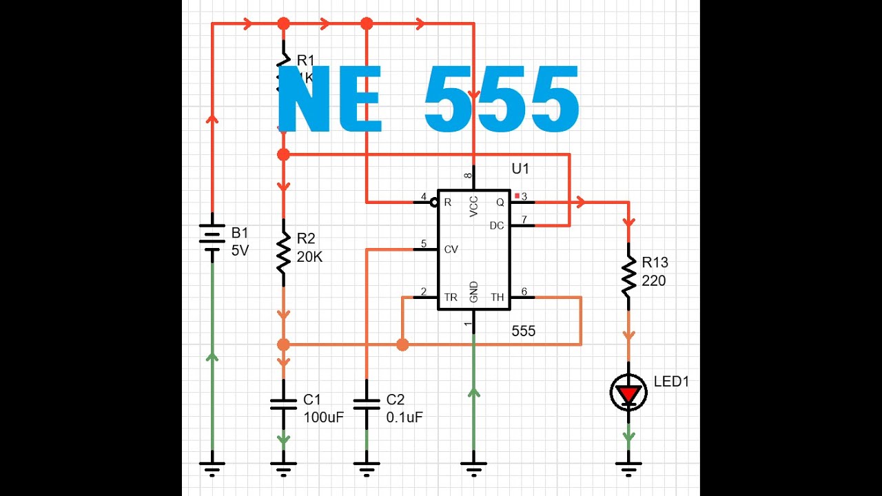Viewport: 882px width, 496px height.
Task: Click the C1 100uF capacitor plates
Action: pyautogui.click(x=283, y=404)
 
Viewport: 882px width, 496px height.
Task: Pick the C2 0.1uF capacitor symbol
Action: pyautogui.click(x=367, y=404)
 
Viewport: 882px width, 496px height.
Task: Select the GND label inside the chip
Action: pyautogui.click(x=474, y=292)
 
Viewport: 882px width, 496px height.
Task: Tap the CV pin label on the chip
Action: pyautogui.click(x=451, y=249)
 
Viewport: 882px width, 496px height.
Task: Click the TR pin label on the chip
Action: pyautogui.click(x=451, y=298)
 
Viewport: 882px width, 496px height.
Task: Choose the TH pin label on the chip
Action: pyautogui.click(x=497, y=298)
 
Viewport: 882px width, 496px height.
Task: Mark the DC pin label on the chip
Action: pyautogui.click(x=497, y=225)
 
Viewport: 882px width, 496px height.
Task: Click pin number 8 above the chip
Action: pyautogui.click(x=469, y=176)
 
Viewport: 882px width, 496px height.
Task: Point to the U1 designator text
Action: pyautogui.click(x=520, y=169)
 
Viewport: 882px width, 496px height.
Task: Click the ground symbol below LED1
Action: pyautogui.click(x=628, y=468)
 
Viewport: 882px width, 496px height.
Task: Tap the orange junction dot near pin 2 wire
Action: pyautogui.click(x=402, y=344)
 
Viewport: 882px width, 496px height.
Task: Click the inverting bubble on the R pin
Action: pyautogui.click(x=434, y=203)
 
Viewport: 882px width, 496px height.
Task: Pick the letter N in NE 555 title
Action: pyautogui.click(x=307, y=101)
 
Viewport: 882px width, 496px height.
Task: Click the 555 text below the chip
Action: pyautogui.click(x=523, y=331)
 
